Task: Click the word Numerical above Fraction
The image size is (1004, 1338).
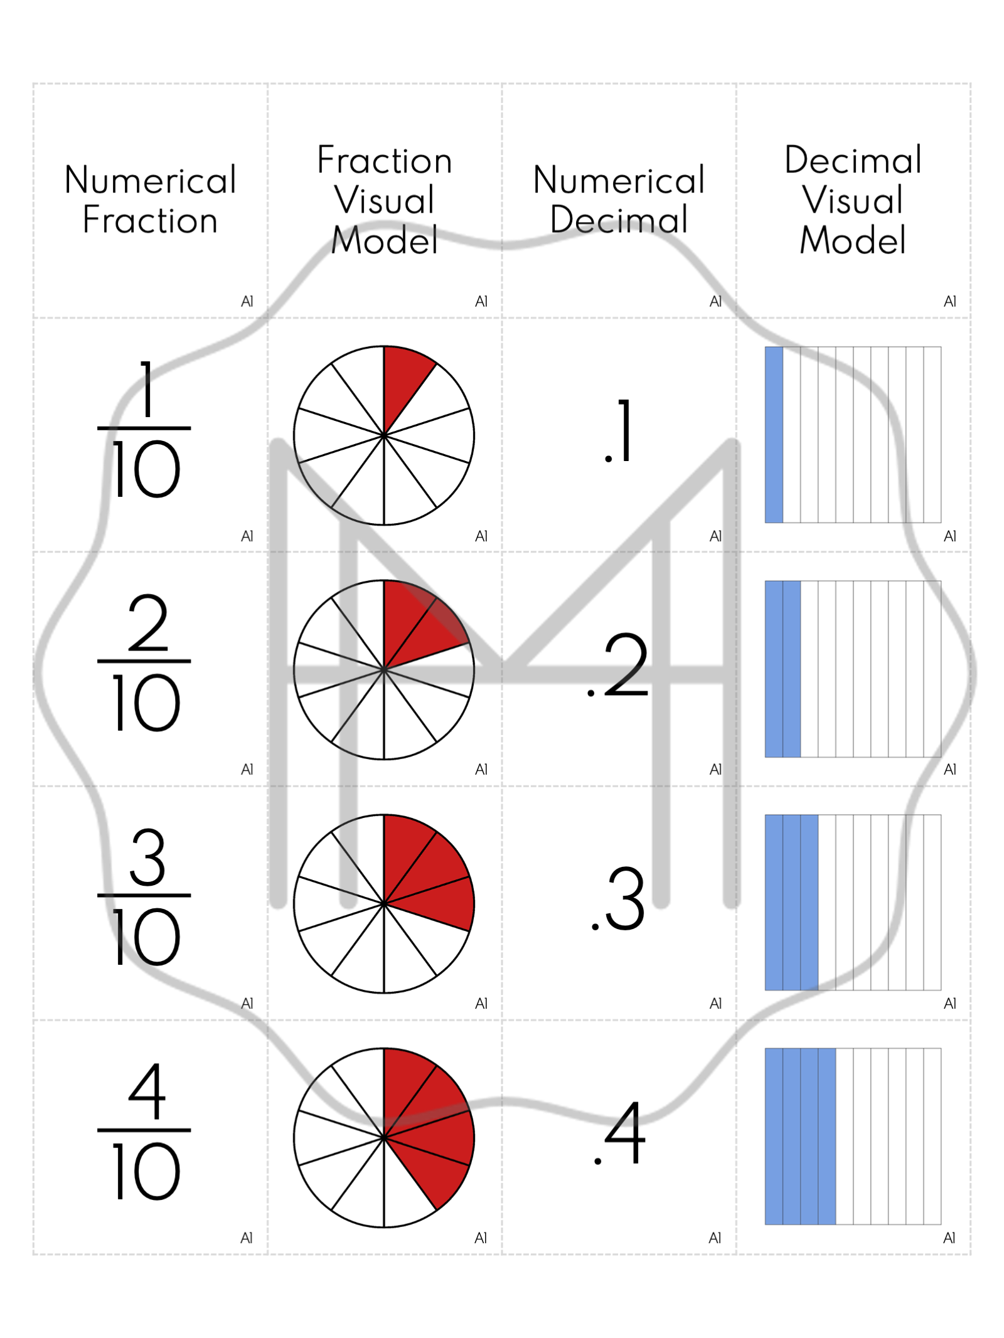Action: pos(151,180)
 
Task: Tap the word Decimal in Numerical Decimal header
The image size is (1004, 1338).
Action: pos(619,220)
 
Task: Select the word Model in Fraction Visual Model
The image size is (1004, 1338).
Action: pos(384,240)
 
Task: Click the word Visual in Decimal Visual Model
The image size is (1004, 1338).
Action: pos(852,200)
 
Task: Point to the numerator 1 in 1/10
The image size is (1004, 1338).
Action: pos(146,388)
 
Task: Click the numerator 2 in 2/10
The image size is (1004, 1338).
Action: pos(148,622)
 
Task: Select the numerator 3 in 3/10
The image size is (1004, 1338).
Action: pos(147,856)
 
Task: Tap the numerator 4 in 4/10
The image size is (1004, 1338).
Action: pos(147,1091)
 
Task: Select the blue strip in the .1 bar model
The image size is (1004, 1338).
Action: pos(774,434)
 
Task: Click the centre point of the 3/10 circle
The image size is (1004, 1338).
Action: pos(383,903)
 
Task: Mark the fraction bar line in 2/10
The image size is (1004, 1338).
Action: pos(144,661)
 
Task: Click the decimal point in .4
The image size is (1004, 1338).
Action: pos(597,1161)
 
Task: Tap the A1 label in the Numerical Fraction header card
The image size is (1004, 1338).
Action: pos(247,302)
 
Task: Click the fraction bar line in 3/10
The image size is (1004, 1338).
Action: pos(144,895)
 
